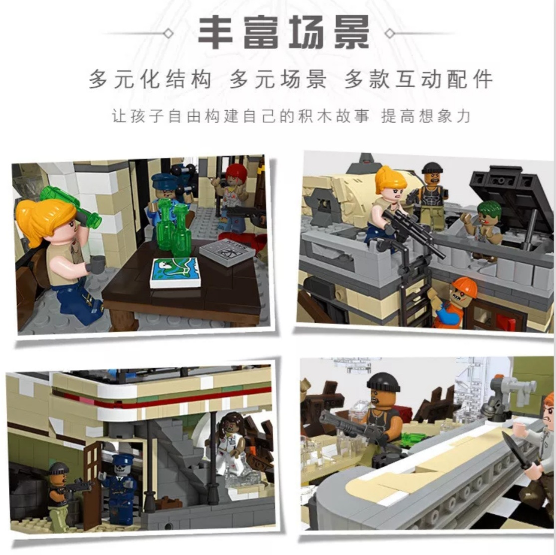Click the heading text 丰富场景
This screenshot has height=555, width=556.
click(x=284, y=32)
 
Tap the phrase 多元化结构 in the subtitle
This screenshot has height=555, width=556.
click(x=151, y=79)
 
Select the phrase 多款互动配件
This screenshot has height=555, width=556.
click(x=419, y=79)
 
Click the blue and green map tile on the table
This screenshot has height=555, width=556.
click(x=175, y=272)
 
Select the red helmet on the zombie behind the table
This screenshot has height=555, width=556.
click(x=236, y=172)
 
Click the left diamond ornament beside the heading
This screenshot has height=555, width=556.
click(x=169, y=34)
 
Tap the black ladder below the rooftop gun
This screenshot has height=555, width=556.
click(x=412, y=300)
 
